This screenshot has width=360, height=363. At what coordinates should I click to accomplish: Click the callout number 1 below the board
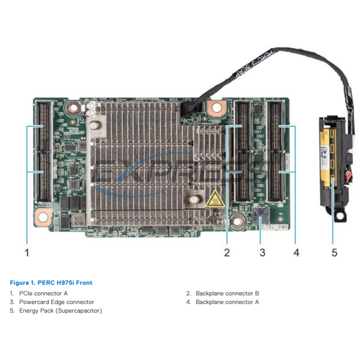click(x=27, y=252)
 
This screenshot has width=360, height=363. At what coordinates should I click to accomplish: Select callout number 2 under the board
click(x=227, y=252)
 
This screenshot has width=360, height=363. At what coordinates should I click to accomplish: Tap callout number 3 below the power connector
click(x=262, y=252)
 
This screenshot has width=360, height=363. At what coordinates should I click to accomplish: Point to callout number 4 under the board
click(x=296, y=252)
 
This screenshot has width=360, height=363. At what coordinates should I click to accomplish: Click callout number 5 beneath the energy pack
click(x=334, y=252)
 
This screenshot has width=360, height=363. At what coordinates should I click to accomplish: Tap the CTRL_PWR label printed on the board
click(x=275, y=227)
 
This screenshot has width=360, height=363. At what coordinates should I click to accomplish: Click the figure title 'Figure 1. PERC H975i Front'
click(x=51, y=283)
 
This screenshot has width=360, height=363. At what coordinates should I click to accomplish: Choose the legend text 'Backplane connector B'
click(x=227, y=293)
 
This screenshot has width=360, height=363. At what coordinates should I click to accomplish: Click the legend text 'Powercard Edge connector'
click(x=57, y=302)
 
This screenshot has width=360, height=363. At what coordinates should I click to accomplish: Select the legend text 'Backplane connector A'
click(x=227, y=302)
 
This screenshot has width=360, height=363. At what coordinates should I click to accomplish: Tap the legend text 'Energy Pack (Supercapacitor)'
click(x=60, y=310)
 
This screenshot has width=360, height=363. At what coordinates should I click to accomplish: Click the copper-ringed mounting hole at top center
click(x=217, y=107)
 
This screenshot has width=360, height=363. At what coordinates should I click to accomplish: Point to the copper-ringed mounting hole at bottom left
click(x=43, y=218)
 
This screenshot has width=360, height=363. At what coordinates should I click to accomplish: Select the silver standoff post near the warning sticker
click(x=194, y=198)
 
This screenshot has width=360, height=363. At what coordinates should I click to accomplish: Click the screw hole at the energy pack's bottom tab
click(x=337, y=217)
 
